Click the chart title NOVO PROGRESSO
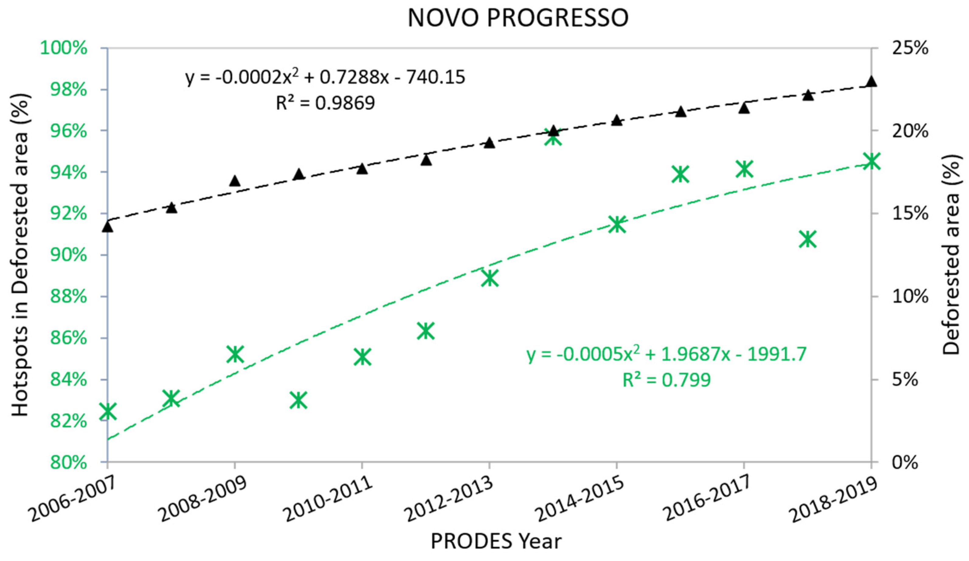click(x=518, y=18)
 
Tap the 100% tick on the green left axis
click(x=64, y=49)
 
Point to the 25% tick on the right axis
click(x=910, y=49)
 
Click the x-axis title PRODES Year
click(x=496, y=541)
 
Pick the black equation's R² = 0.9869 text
click(x=325, y=103)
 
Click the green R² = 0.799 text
click(x=666, y=380)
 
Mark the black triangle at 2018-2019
click(x=871, y=81)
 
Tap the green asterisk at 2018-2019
click(x=871, y=161)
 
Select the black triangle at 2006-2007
click(x=108, y=227)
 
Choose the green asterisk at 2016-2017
click(x=744, y=169)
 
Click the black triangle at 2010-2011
click(x=362, y=169)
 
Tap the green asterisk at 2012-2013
click(x=490, y=278)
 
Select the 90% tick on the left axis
click(x=68, y=255)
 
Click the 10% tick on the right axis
click(x=910, y=297)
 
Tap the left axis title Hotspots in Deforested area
click(x=20, y=255)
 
